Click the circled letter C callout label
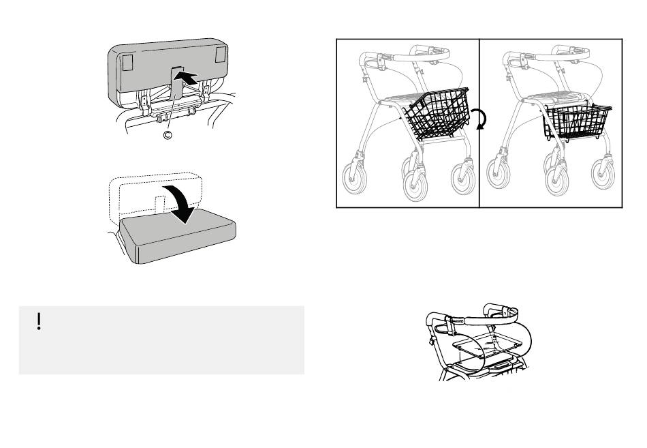coord(168,135)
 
